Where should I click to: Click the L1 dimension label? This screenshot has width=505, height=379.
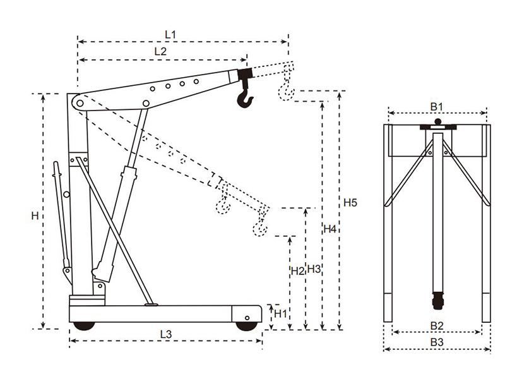point(169,34)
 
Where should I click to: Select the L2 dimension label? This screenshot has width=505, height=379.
point(160,52)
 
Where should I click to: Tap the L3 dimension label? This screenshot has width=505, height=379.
point(166,333)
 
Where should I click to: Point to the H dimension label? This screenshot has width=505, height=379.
point(35,215)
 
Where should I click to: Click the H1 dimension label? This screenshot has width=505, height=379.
point(280,313)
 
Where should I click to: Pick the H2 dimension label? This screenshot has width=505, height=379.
point(297,271)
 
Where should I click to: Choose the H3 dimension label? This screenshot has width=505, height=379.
point(314,268)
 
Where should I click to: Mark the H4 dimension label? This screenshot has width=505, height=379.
point(330,228)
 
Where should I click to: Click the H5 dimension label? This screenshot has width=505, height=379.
point(350,203)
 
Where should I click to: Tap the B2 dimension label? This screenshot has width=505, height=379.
point(437,325)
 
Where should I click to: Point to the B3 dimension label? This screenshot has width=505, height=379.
point(437,342)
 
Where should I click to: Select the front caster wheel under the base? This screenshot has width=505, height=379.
point(245,325)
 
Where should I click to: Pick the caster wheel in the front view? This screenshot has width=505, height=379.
point(436,302)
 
